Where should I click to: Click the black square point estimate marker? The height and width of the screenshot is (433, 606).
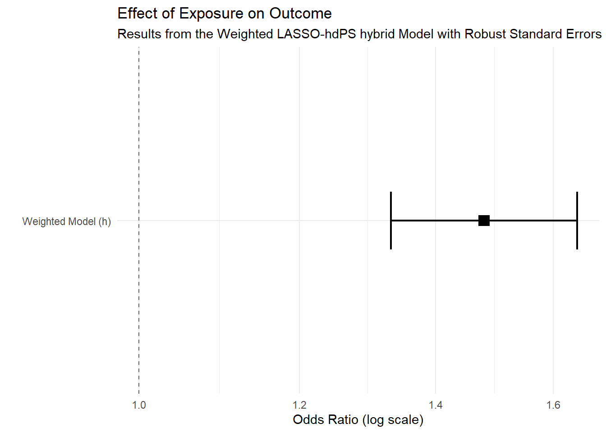(x=484, y=221)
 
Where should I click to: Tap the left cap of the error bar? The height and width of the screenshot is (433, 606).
(x=391, y=221)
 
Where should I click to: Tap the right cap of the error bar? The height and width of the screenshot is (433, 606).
(x=577, y=221)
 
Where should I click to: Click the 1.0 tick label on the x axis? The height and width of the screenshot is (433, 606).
(x=139, y=405)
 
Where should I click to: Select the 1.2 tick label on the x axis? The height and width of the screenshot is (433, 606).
(x=299, y=405)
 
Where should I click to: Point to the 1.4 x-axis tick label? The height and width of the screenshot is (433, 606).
(x=436, y=405)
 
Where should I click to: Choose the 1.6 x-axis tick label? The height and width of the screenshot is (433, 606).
(x=553, y=405)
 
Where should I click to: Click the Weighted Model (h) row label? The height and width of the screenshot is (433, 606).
(x=67, y=221)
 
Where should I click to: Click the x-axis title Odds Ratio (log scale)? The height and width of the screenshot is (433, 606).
(x=358, y=420)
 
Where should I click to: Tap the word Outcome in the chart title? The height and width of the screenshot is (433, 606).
(x=300, y=14)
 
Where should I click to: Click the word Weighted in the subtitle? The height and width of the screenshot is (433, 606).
(x=245, y=34)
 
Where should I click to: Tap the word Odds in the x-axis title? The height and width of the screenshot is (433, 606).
(x=307, y=420)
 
